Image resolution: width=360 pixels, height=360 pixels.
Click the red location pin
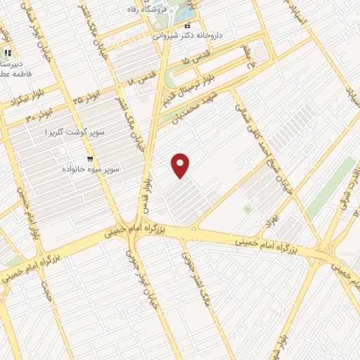click(x=181, y=165)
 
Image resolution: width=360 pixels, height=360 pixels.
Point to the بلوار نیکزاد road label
click(x=15, y=102)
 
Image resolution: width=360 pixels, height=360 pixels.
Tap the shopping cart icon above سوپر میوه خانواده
click(x=91, y=159)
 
